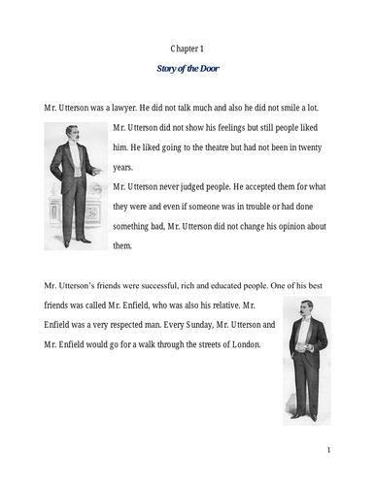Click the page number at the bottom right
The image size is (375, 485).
329,450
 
